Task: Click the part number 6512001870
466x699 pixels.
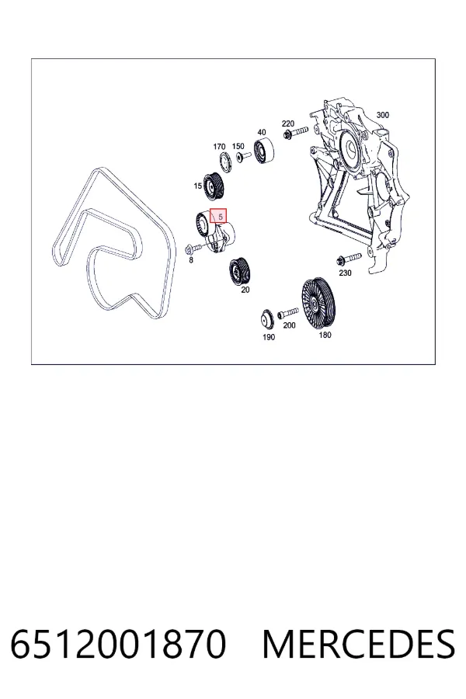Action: click(118, 644)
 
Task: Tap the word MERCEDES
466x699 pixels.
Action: click(359, 644)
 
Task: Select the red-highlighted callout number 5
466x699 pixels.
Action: click(218, 216)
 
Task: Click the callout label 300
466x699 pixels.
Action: click(383, 115)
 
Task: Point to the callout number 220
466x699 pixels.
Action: click(288, 123)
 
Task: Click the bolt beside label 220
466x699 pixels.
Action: click(295, 132)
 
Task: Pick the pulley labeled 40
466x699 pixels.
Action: click(264, 151)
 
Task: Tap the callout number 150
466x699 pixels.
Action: click(238, 146)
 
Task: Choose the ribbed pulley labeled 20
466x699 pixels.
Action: click(240, 270)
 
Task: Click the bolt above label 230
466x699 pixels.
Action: click(349, 259)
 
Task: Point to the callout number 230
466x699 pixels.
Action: click(345, 273)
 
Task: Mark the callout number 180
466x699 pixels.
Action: click(325, 335)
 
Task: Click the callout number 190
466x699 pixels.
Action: click(269, 337)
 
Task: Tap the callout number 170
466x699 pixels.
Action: click(219, 147)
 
